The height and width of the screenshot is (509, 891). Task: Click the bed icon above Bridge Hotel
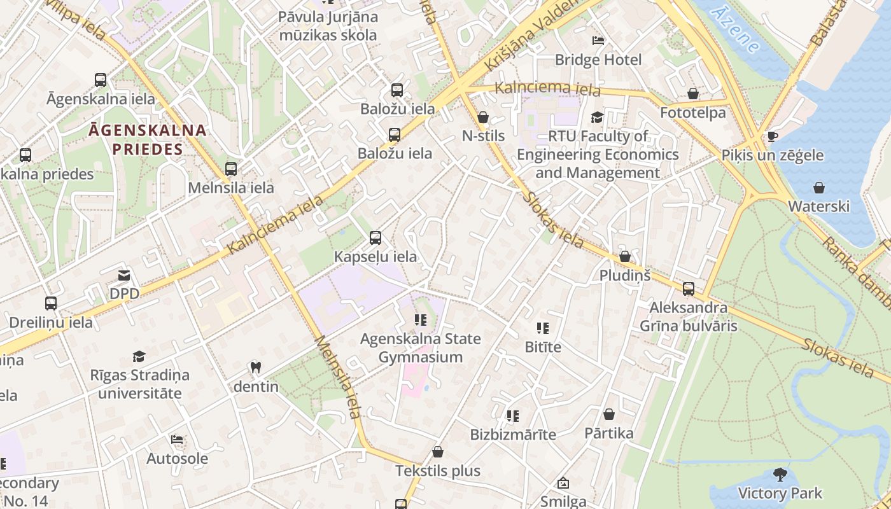[598, 41]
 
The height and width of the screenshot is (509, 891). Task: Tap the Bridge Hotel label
[598, 60]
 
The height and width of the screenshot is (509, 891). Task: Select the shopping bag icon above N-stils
[483, 117]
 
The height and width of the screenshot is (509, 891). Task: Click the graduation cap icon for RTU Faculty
[597, 117]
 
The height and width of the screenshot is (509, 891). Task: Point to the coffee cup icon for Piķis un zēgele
[773, 136]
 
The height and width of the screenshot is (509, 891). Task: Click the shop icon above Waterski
[819, 188]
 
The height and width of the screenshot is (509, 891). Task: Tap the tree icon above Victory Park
[780, 474]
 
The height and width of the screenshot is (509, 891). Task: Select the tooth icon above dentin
[256, 367]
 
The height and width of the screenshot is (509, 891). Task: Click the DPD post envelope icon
[124, 275]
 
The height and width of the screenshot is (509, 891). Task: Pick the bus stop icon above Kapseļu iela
[375, 238]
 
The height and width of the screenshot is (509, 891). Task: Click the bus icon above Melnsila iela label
[231, 169]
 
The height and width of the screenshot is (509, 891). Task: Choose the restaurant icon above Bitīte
[543, 328]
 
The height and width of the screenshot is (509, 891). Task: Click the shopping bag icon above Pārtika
[609, 414]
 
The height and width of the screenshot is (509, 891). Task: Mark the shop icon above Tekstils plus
[437, 452]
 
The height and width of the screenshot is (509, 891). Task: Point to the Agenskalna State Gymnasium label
[421, 347]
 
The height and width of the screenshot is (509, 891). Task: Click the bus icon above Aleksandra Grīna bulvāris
[689, 289]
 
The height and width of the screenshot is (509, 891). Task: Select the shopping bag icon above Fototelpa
[693, 94]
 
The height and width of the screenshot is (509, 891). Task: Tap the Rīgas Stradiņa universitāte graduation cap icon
[139, 356]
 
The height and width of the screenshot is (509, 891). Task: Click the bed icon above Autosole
[177, 440]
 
